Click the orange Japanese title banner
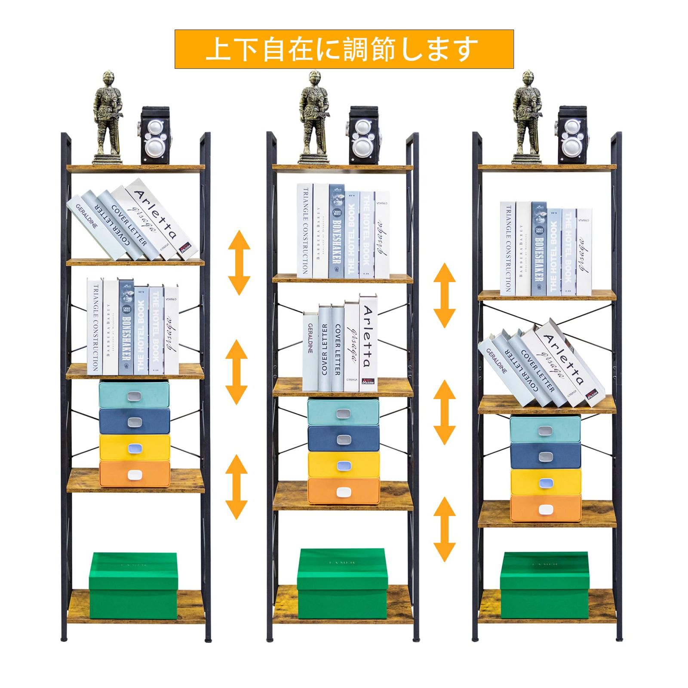pos(344,49)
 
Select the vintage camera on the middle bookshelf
pos(363,135)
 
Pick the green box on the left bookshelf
pos(133,585)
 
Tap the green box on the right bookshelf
pos(544,585)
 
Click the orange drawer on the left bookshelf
pos(135,474)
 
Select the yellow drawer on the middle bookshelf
pos(344,465)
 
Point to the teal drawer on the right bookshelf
pos(545,430)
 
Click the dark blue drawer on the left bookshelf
pos(135,421)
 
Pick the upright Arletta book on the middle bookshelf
pos(368,343)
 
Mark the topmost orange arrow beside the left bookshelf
pos(239,262)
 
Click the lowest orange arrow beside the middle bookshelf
pos(444,529)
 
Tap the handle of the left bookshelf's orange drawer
pos(135,475)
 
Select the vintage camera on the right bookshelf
pos(572,135)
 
